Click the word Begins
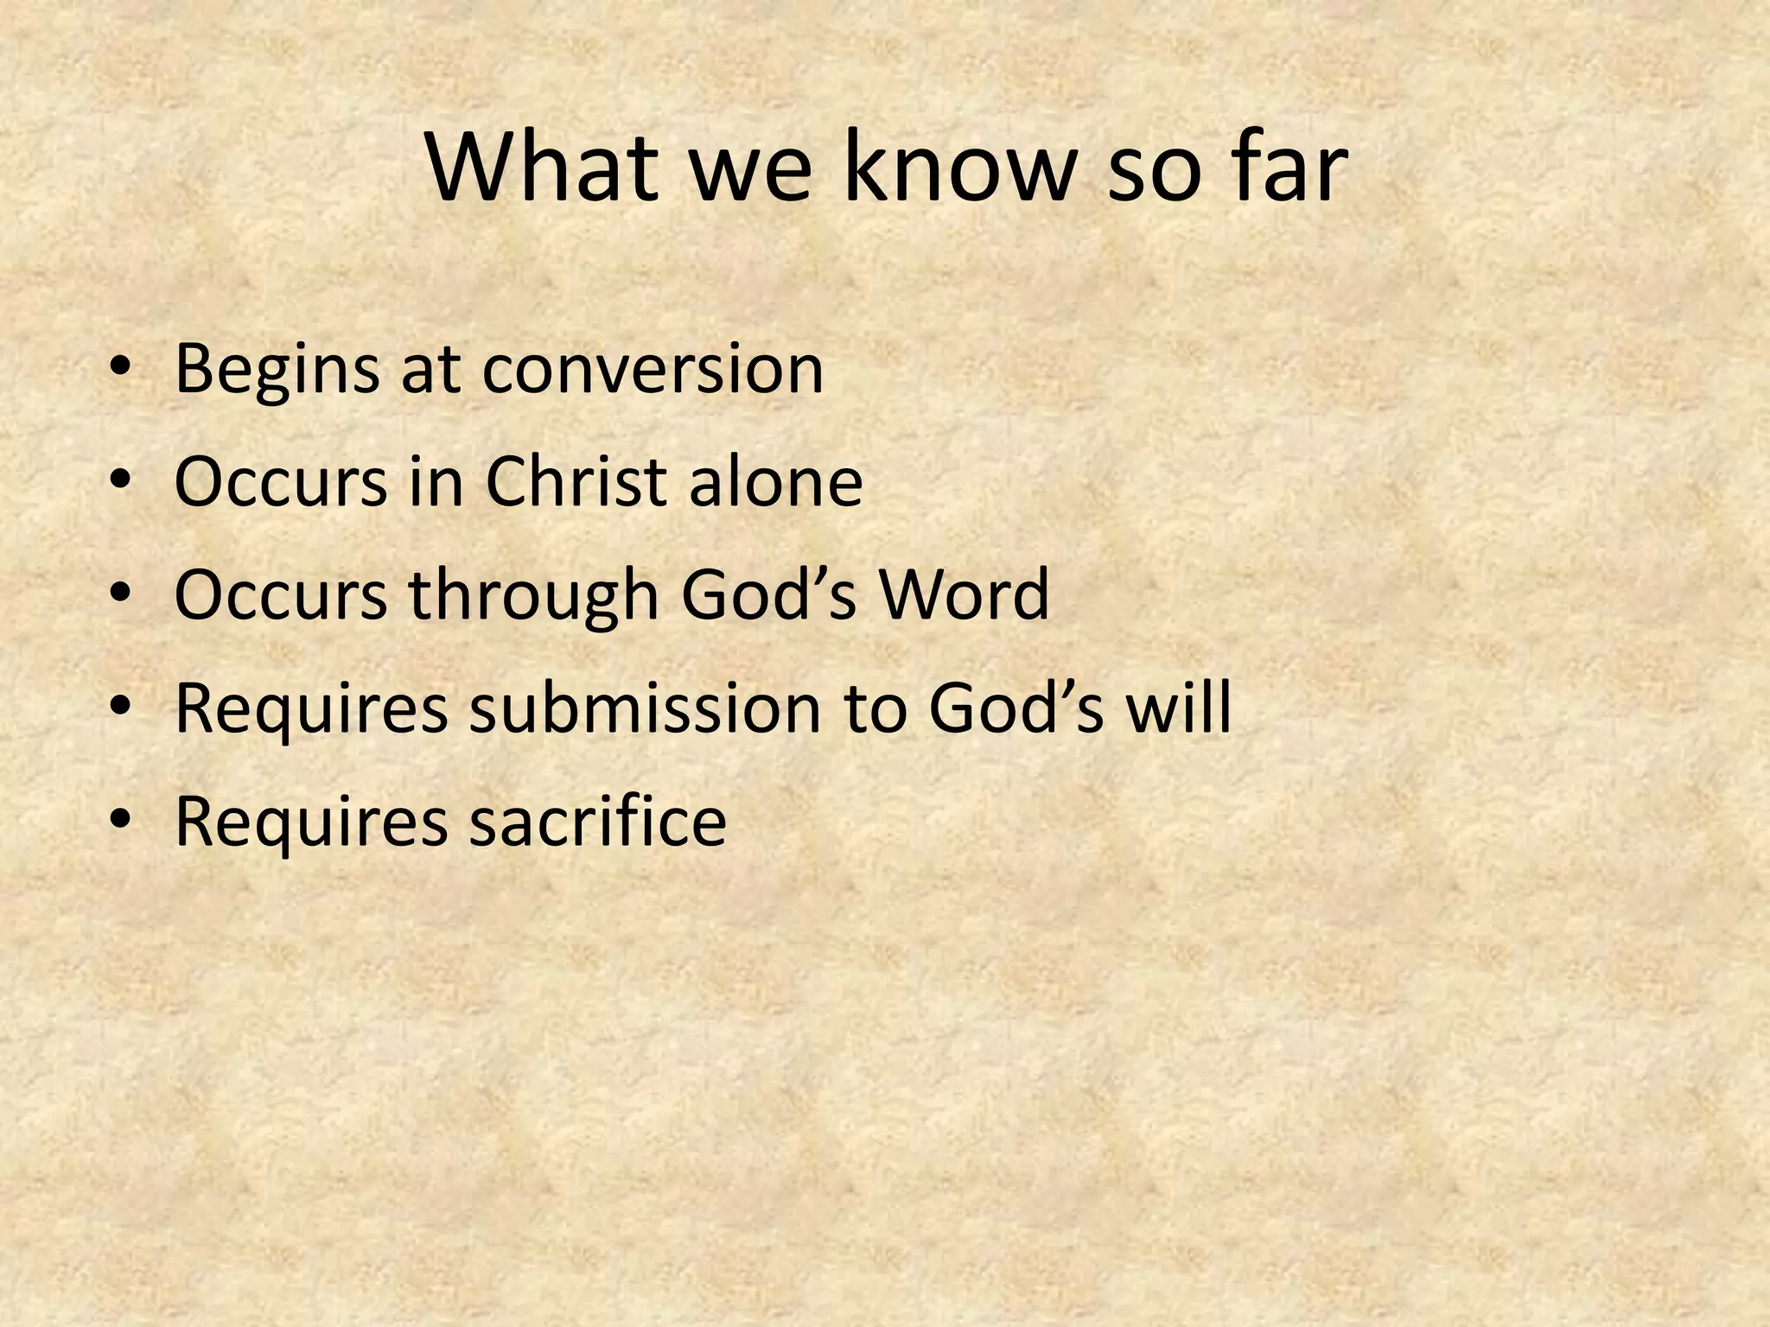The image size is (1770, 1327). coord(276,370)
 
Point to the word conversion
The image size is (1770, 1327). coord(653,370)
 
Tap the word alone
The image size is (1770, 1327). coord(775,481)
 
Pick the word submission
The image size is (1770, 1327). coord(645,708)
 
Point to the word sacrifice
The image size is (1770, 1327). coord(597,820)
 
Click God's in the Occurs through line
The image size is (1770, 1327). coord(769,595)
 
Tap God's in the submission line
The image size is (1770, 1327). coord(1016,708)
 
